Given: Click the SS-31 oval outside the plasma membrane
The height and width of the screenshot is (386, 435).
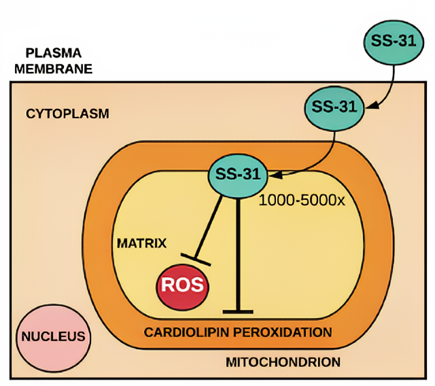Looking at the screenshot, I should (x=392, y=40).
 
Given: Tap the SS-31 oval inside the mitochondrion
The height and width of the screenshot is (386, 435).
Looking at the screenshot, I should (x=237, y=175).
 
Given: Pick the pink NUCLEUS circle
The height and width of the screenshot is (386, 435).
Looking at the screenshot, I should (x=53, y=336).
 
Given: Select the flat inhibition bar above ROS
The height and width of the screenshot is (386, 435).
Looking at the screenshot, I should (x=196, y=259).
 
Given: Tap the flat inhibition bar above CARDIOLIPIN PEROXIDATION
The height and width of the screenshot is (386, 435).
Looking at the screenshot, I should (x=238, y=312).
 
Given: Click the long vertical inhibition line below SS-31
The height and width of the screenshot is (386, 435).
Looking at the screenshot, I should (x=238, y=251).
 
